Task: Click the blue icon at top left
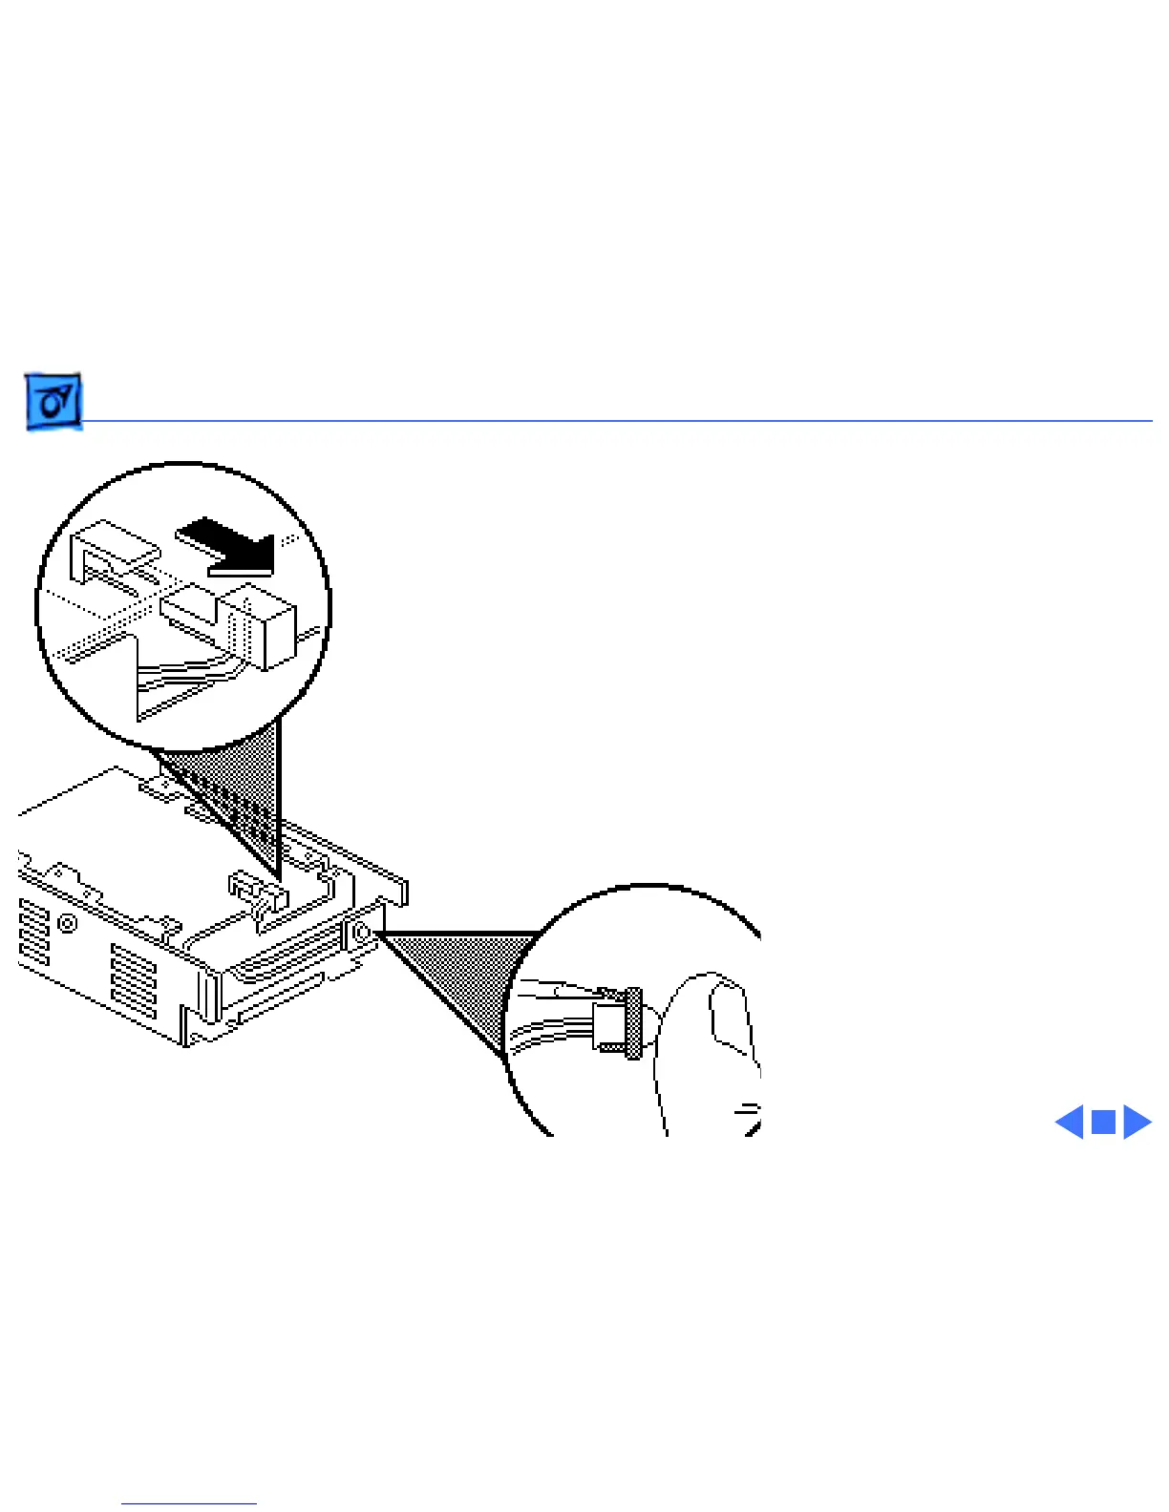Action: (53, 401)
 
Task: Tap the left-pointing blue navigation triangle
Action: (1071, 1122)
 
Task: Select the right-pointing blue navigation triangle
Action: (1137, 1122)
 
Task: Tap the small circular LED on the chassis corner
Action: (363, 933)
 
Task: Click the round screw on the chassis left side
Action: (68, 923)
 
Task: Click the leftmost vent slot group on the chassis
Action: (34, 931)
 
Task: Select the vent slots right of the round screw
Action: (134, 978)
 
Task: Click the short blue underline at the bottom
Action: (189, 1503)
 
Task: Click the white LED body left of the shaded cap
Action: (607, 1024)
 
